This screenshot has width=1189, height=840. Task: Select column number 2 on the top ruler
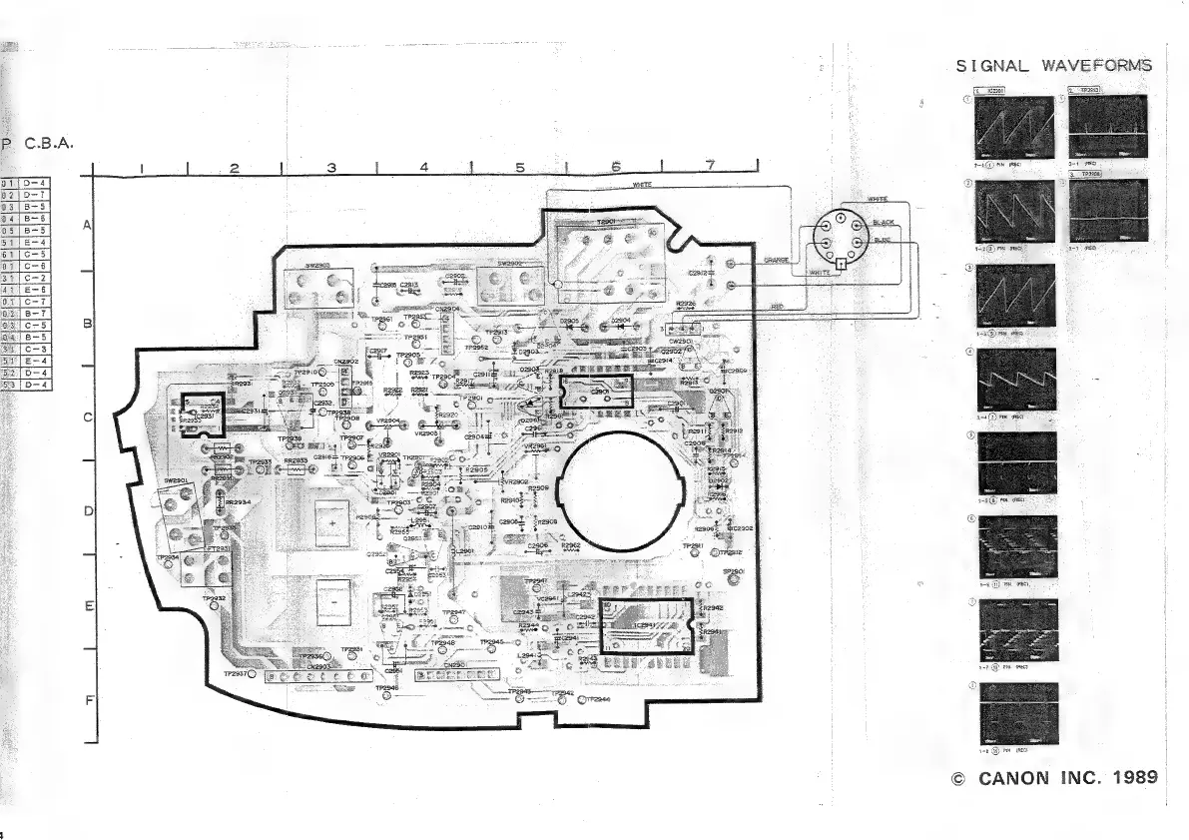(234, 167)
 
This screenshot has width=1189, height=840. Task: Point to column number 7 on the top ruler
(710, 166)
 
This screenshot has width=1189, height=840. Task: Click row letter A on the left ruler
(87, 226)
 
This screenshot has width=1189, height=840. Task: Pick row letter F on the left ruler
(87, 699)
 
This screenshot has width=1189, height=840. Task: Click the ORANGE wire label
(776, 261)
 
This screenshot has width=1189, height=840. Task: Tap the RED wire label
(777, 306)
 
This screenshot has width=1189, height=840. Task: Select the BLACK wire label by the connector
(884, 222)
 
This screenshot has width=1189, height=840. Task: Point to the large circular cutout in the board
(622, 486)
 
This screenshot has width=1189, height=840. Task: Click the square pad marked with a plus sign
(331, 518)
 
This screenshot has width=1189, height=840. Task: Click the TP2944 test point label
(600, 700)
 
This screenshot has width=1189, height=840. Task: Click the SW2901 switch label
(178, 480)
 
